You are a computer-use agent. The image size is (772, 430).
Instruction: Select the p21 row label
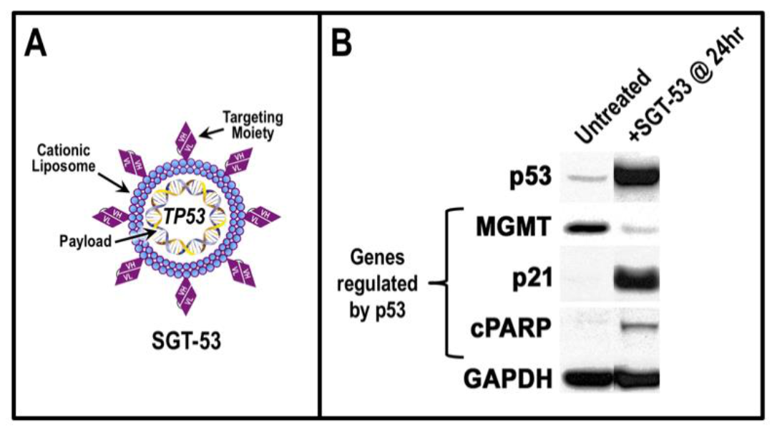tap(529, 277)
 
